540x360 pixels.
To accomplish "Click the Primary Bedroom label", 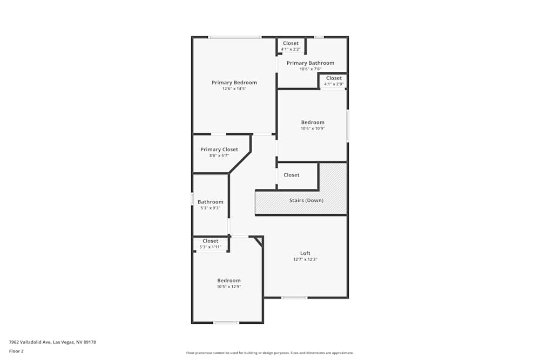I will pos(234,83).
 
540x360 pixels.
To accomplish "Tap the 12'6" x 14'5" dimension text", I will pos(234,89).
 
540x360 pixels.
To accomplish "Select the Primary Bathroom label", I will pos(310,63).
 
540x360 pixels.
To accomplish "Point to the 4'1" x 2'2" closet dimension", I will pos(291,49).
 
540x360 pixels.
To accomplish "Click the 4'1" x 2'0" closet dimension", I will pos(334,84).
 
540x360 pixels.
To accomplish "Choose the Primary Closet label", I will pos(219,150).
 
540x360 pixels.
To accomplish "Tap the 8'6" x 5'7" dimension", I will pos(219,155).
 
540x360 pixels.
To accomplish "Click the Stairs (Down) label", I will pos(306,200).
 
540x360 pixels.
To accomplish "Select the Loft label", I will pos(305,253).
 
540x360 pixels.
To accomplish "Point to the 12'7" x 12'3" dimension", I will pos(305,259).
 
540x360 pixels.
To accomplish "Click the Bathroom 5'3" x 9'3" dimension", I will pos(210,208).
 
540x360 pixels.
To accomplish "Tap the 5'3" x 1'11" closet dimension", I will pos(210,247).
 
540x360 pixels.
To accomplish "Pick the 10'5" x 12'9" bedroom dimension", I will pos(229,287).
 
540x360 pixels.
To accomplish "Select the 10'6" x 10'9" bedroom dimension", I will pos(313,128).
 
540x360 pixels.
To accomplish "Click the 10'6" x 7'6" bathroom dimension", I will pos(310,69).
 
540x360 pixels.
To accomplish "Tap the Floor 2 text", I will pos(16,351).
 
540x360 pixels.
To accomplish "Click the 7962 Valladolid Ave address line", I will pos(52,342).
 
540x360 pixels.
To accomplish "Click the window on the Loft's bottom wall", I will pos(294,297).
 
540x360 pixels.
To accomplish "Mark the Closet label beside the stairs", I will pos(291,175).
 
